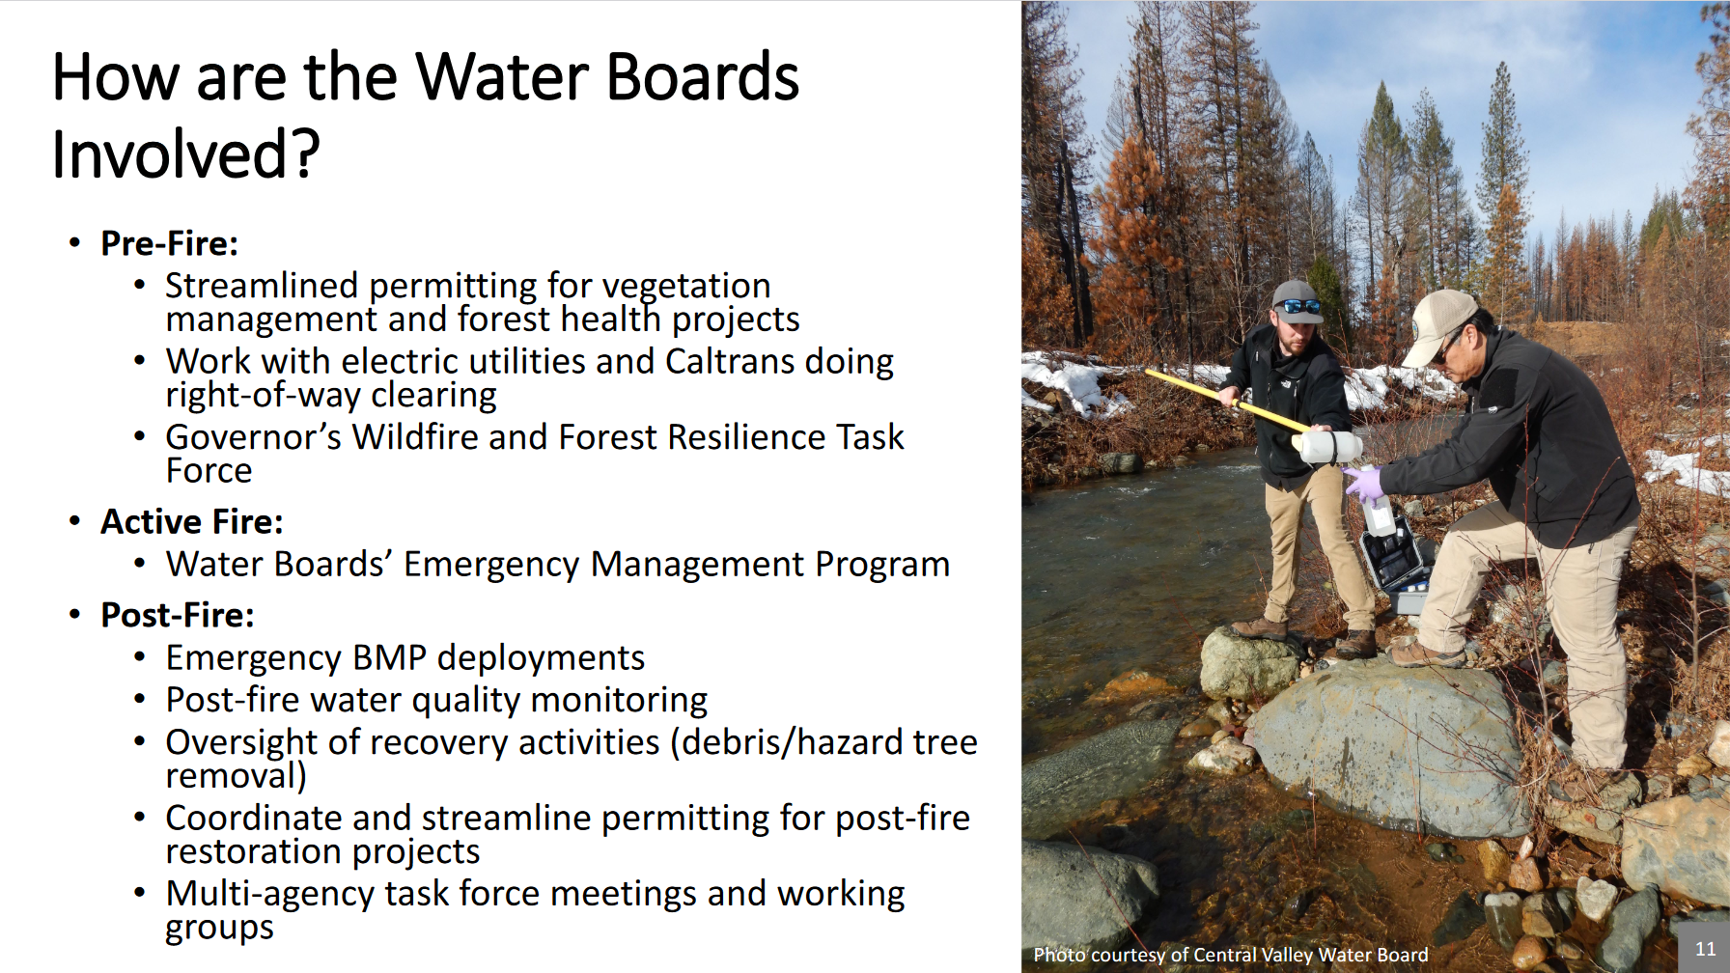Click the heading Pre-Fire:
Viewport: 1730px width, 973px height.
[x=169, y=243]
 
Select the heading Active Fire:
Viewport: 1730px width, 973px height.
[x=192, y=521]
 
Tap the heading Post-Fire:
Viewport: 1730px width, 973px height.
[x=178, y=615]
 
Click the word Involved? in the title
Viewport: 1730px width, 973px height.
[x=185, y=153]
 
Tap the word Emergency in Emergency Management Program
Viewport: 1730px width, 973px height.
[x=492, y=564]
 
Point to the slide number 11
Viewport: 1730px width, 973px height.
[x=1706, y=949]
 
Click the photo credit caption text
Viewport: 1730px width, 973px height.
[x=1231, y=955]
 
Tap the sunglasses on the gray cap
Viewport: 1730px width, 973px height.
[x=1300, y=307]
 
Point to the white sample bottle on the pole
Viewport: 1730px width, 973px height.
[x=1329, y=447]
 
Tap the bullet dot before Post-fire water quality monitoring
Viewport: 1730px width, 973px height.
[x=140, y=700]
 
